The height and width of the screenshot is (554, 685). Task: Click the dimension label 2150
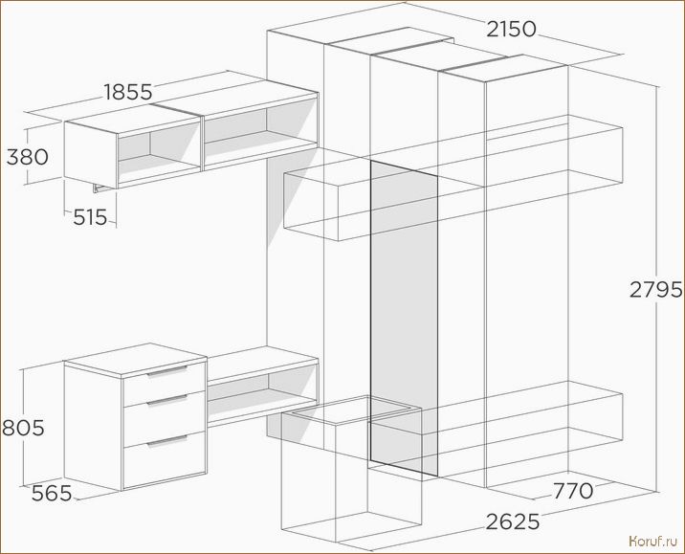pos(511,30)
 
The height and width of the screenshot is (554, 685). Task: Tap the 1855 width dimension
pos(128,92)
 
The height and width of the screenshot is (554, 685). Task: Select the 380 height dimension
pos(27,157)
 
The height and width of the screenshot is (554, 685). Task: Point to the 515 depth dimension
pos(90,217)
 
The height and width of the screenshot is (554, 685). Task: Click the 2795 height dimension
pos(655,289)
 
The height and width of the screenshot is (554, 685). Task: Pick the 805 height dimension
pos(23,428)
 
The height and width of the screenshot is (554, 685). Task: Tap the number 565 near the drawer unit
pos(52,494)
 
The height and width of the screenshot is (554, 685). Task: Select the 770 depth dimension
pos(573,491)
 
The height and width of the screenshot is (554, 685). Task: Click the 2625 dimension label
pos(513,521)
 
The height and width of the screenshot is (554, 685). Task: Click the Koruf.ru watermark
pos(652,542)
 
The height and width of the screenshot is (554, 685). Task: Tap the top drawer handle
pos(166,371)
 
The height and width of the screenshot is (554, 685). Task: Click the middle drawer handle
pos(166,400)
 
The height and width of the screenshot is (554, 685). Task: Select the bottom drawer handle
pos(166,441)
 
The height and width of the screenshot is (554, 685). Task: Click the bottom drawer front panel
pos(165,459)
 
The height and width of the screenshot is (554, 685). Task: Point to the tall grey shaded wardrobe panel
pos(404,318)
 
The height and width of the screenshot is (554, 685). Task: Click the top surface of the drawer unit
pos(136,361)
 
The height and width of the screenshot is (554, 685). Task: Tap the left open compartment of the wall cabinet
pos(159,153)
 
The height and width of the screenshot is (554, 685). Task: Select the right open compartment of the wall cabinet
pos(261,131)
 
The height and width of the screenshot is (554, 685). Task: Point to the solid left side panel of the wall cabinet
pos(91,155)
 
